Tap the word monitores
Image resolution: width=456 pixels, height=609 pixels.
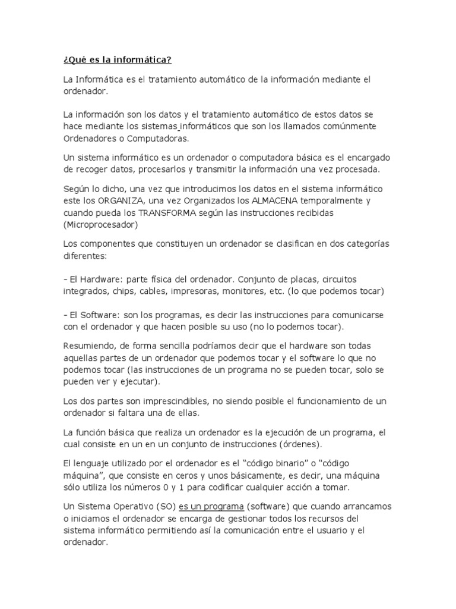[x=244, y=291]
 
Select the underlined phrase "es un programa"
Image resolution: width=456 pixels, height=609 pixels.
[x=211, y=506]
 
